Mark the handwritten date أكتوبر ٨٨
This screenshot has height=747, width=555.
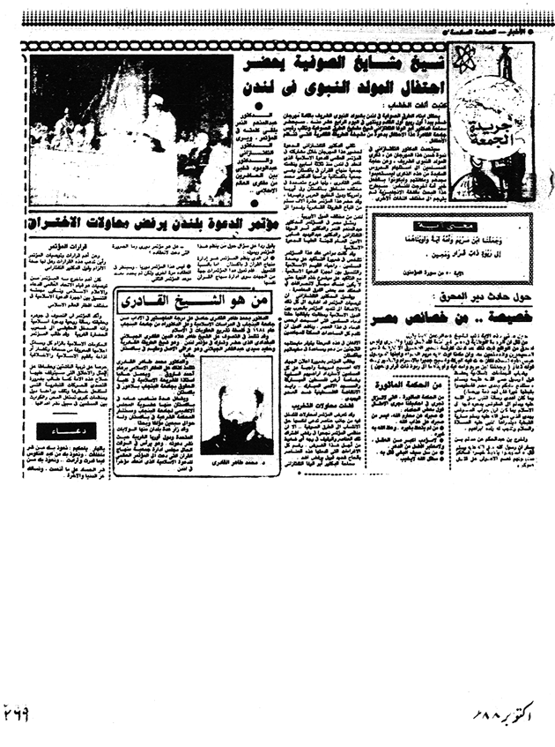(x=500, y=708)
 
